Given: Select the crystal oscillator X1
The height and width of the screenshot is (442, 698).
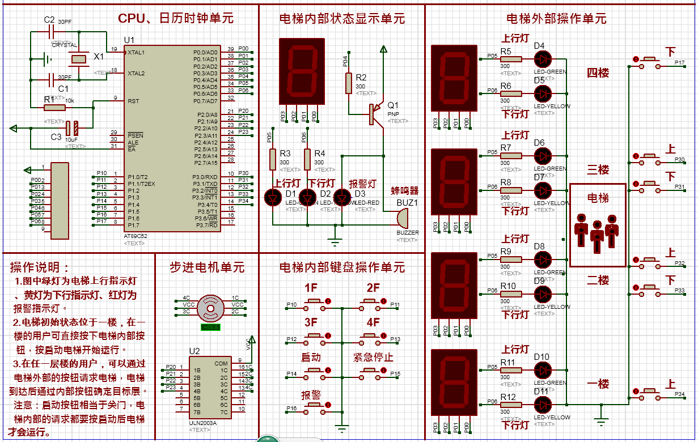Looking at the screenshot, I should point(79,58).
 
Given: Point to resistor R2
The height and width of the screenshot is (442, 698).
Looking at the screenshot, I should point(349,82).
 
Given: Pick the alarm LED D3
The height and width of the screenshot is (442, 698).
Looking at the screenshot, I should point(342,197).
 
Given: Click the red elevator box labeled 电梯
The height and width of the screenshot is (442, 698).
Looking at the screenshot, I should point(598,225).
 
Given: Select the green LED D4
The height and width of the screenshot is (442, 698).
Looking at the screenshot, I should point(543,58).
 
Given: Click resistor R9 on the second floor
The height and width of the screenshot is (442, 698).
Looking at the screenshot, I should point(510,259).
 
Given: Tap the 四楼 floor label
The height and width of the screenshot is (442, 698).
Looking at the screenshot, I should point(598,73).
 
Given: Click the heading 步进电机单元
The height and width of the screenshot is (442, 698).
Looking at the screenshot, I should point(207,267).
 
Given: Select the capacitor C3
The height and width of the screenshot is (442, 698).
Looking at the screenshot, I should point(71,128).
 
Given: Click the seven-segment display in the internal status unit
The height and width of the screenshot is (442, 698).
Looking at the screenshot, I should point(302,71).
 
